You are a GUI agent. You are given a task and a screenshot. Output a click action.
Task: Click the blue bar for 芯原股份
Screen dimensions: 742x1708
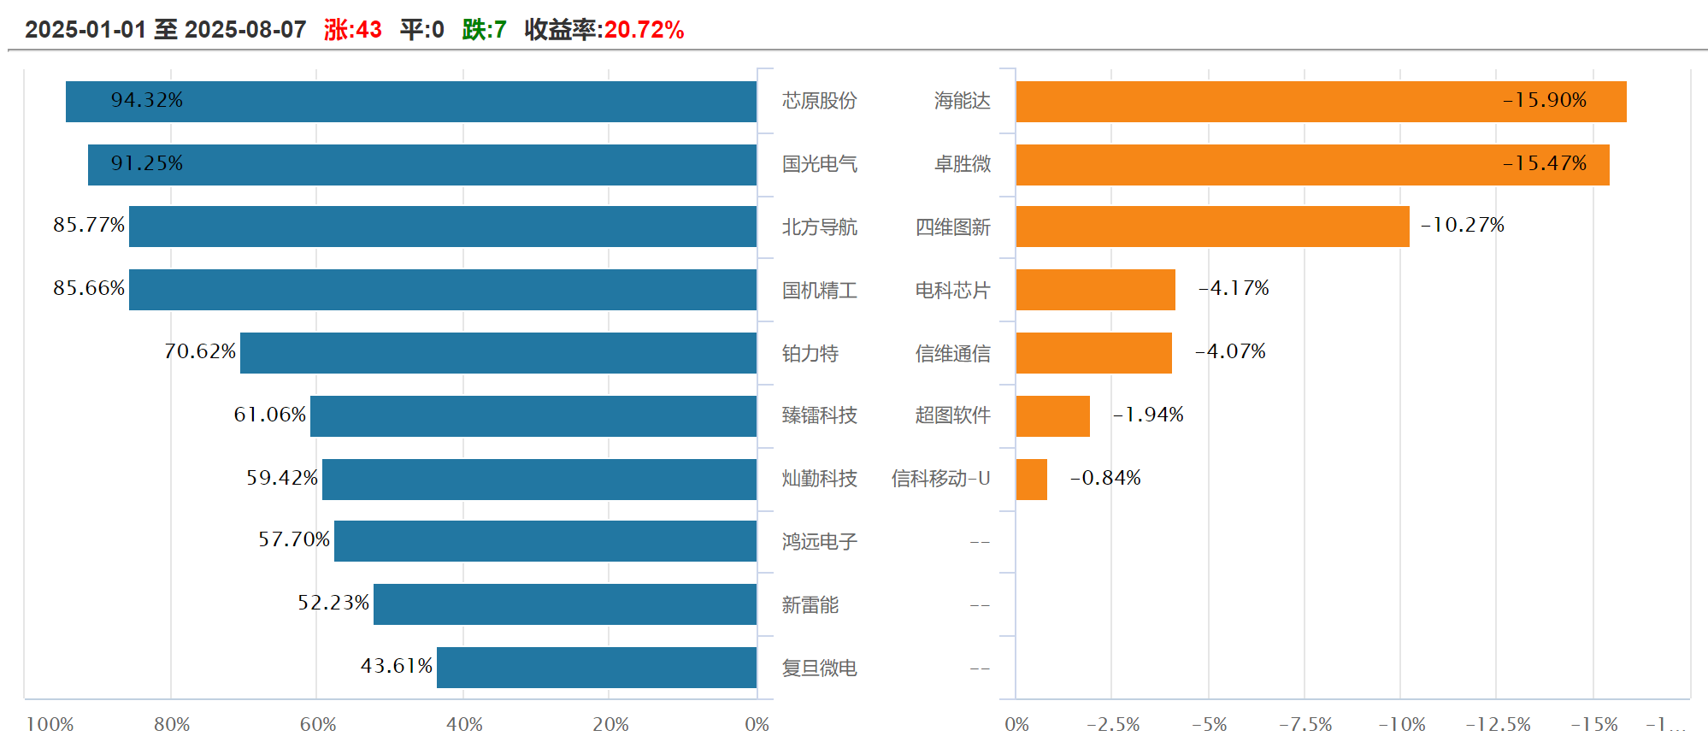410,102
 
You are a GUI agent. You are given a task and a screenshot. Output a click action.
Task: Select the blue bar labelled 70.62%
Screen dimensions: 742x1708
498,353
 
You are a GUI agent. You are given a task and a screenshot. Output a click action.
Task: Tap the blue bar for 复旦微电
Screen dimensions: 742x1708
596,668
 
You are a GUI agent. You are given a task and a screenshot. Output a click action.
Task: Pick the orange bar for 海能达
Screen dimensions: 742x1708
1321,102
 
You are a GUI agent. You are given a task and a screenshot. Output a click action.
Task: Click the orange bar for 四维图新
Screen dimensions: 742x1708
1212,227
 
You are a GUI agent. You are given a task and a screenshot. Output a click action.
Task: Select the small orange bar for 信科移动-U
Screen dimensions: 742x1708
1031,480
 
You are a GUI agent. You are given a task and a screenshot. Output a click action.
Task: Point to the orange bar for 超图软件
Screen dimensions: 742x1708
1052,416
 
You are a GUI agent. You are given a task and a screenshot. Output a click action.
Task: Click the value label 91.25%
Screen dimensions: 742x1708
146,163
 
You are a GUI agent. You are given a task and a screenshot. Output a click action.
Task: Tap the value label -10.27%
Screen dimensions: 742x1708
1462,225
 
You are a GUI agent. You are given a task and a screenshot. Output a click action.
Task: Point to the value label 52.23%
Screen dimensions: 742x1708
333,603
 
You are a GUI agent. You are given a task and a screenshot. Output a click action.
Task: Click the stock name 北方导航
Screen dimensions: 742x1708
819,227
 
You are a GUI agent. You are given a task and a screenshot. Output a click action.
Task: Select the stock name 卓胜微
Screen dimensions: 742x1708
962,164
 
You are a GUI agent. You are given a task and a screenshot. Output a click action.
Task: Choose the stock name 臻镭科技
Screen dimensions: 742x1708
819,415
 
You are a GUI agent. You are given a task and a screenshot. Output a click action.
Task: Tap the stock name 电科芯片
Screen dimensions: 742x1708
952,291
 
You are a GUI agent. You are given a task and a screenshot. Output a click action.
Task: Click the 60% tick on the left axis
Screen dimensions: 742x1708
317,725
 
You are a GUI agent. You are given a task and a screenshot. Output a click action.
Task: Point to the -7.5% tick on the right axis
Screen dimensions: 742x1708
1305,725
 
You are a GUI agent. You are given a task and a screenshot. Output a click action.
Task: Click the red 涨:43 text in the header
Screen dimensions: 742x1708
352,30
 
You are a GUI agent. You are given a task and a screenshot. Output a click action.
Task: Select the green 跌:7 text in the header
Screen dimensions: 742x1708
484,30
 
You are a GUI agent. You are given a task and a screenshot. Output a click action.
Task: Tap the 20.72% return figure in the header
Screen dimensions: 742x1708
644,30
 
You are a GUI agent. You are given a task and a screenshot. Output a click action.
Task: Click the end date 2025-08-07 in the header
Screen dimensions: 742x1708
245,30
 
